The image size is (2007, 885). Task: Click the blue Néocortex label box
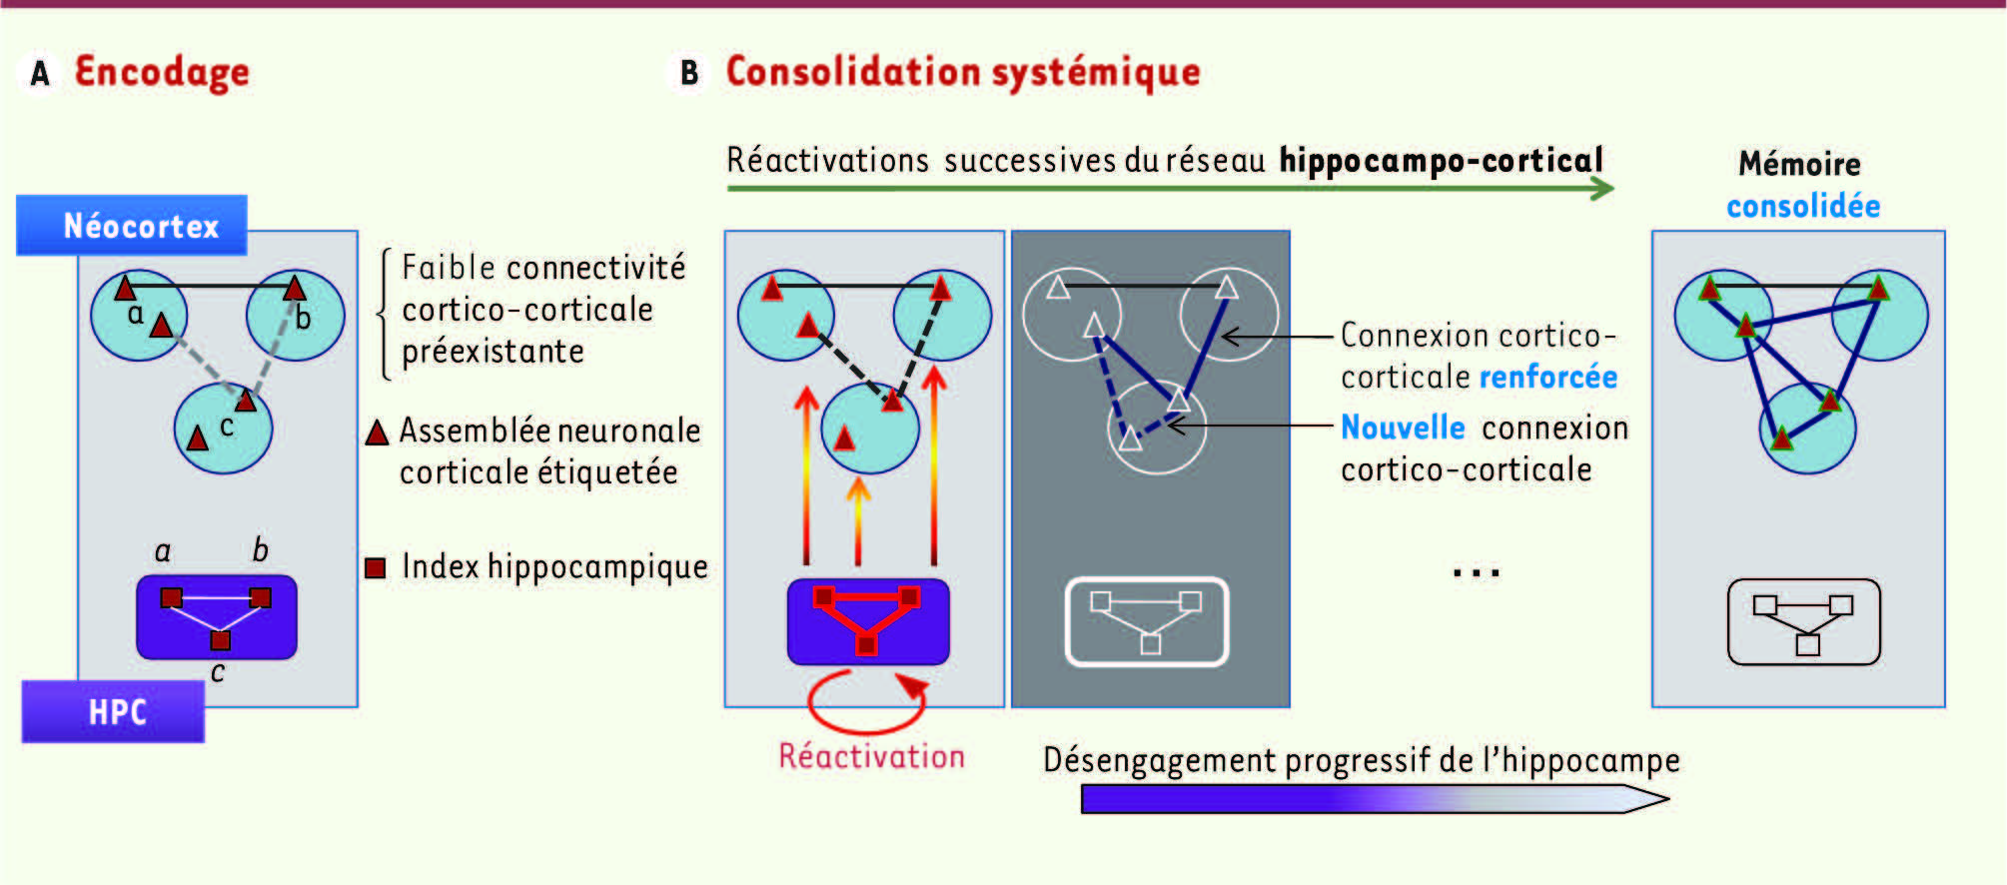tap(132, 225)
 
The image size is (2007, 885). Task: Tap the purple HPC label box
tap(113, 711)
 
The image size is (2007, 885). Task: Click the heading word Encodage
tap(162, 73)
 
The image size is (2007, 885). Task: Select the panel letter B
tap(689, 73)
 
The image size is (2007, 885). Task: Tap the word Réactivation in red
tap(871, 756)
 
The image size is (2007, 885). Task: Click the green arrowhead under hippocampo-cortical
tap(1601, 188)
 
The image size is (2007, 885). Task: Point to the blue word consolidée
tap(1803, 206)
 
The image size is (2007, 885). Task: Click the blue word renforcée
tap(1548, 377)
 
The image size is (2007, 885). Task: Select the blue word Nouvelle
tap(1403, 428)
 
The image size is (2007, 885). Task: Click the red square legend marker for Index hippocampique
tap(376, 567)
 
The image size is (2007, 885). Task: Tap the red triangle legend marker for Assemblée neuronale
tap(377, 432)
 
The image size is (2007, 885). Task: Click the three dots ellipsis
tap(1477, 573)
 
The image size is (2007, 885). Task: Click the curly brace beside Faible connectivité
tap(384, 314)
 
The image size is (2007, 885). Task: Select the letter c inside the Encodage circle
tap(227, 427)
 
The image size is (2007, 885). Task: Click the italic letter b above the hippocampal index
tap(260, 549)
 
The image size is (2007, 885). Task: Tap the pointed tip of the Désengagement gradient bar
tap(1668, 798)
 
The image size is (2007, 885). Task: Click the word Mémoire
tap(1799, 163)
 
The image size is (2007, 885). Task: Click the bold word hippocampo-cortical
tap(1442, 161)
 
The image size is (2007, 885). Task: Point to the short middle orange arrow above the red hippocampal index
tap(858, 520)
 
